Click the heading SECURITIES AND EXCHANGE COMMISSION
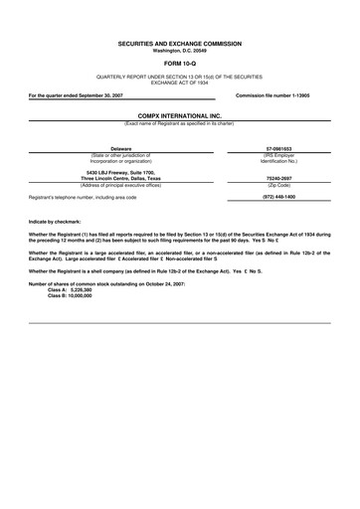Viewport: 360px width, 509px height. click(179, 45)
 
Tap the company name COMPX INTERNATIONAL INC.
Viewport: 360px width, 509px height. click(179, 115)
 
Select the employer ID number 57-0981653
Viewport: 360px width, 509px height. click(277, 148)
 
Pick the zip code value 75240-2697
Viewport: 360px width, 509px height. click(277, 180)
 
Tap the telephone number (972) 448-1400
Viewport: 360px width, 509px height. click(277, 197)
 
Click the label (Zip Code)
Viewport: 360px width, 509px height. click(277, 187)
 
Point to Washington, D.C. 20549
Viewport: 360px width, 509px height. click(179, 51)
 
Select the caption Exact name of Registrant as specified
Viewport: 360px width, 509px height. click(179, 122)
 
